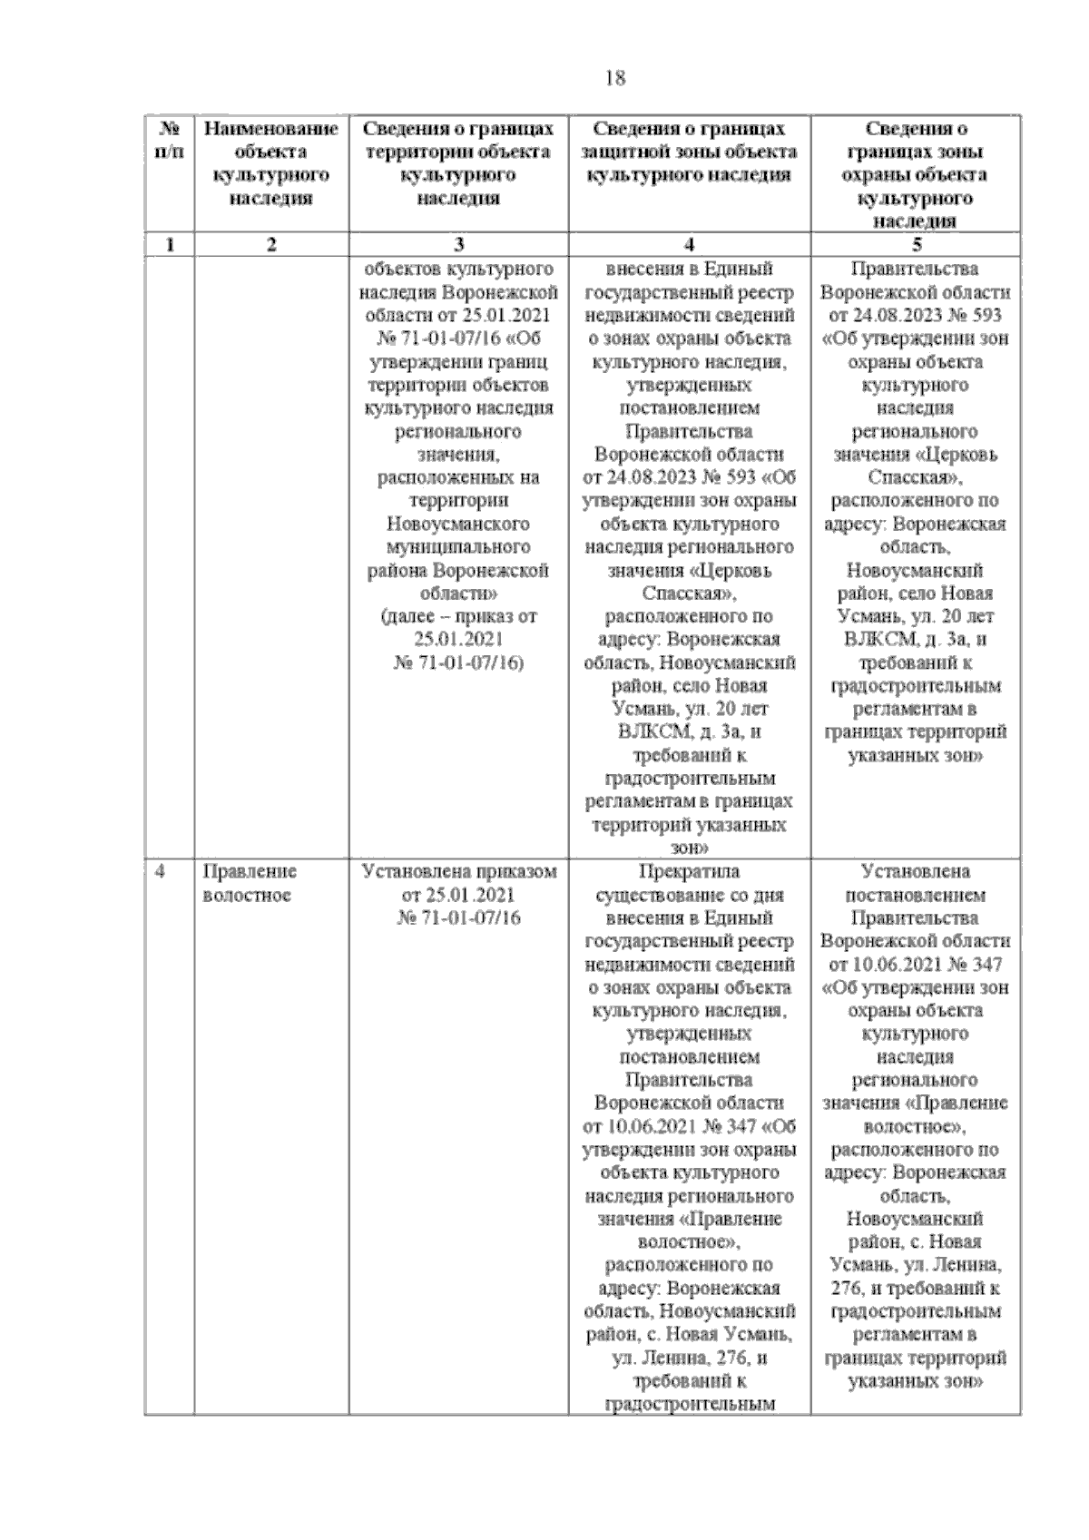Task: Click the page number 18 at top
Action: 614,78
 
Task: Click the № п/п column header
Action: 169,141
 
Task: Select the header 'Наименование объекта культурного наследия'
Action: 270,163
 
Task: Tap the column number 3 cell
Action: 458,244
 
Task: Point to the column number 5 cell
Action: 916,244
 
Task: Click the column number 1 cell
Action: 169,244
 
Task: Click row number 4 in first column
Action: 161,872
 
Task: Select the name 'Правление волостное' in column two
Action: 250,883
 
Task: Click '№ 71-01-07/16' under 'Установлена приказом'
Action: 458,918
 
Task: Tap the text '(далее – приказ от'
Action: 458,616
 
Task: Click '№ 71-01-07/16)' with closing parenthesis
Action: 458,663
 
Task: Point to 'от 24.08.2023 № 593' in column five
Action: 915,316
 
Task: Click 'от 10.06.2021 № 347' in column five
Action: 915,965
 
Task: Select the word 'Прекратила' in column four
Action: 689,872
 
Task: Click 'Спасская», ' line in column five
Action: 915,477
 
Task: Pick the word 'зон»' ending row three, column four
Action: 689,848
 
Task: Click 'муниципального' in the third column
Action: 458,547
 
